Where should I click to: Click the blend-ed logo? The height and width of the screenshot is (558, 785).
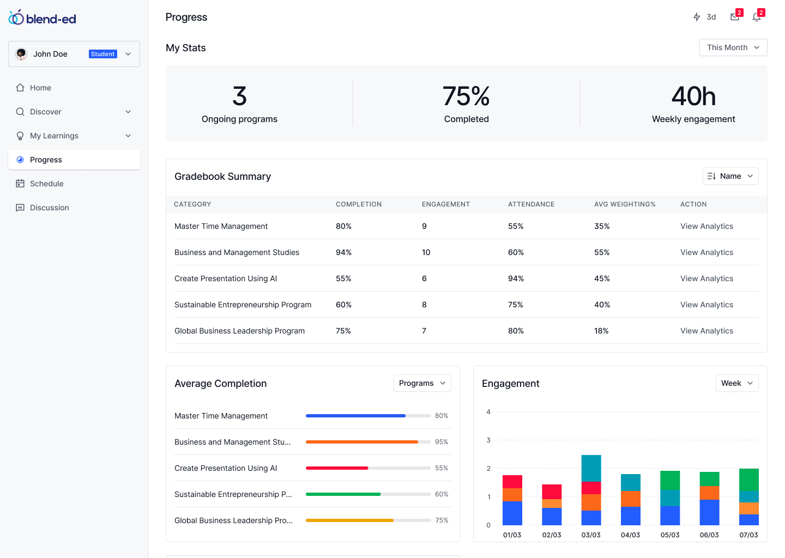[43, 19]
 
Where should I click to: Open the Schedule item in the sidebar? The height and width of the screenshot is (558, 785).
[46, 184]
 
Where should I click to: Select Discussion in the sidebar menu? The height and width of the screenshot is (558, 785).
[49, 208]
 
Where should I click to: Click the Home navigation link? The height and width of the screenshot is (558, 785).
[40, 88]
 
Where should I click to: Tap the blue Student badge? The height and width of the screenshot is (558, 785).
[102, 54]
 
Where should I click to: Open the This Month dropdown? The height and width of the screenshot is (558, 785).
[733, 47]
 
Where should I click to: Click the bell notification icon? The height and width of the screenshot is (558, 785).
[757, 17]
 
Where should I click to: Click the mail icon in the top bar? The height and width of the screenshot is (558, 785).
[735, 17]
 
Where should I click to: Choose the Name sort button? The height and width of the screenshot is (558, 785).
[730, 176]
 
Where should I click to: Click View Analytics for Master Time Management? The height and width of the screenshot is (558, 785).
[706, 226]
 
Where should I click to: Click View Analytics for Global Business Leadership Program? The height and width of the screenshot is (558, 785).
[706, 331]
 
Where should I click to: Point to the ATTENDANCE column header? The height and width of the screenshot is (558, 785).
[531, 204]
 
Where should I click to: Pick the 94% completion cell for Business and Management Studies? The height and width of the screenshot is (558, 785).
[343, 252]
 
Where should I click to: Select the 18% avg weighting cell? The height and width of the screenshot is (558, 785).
[601, 331]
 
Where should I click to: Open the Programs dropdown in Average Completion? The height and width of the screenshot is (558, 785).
[422, 383]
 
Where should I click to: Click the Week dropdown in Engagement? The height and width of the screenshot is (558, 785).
[736, 383]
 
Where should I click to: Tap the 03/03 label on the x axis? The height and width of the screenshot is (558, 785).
[591, 535]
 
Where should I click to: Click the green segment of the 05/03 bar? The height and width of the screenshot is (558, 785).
[670, 480]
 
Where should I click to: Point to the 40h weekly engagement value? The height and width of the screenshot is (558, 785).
[693, 96]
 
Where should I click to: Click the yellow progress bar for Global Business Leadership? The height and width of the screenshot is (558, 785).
[349, 520]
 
